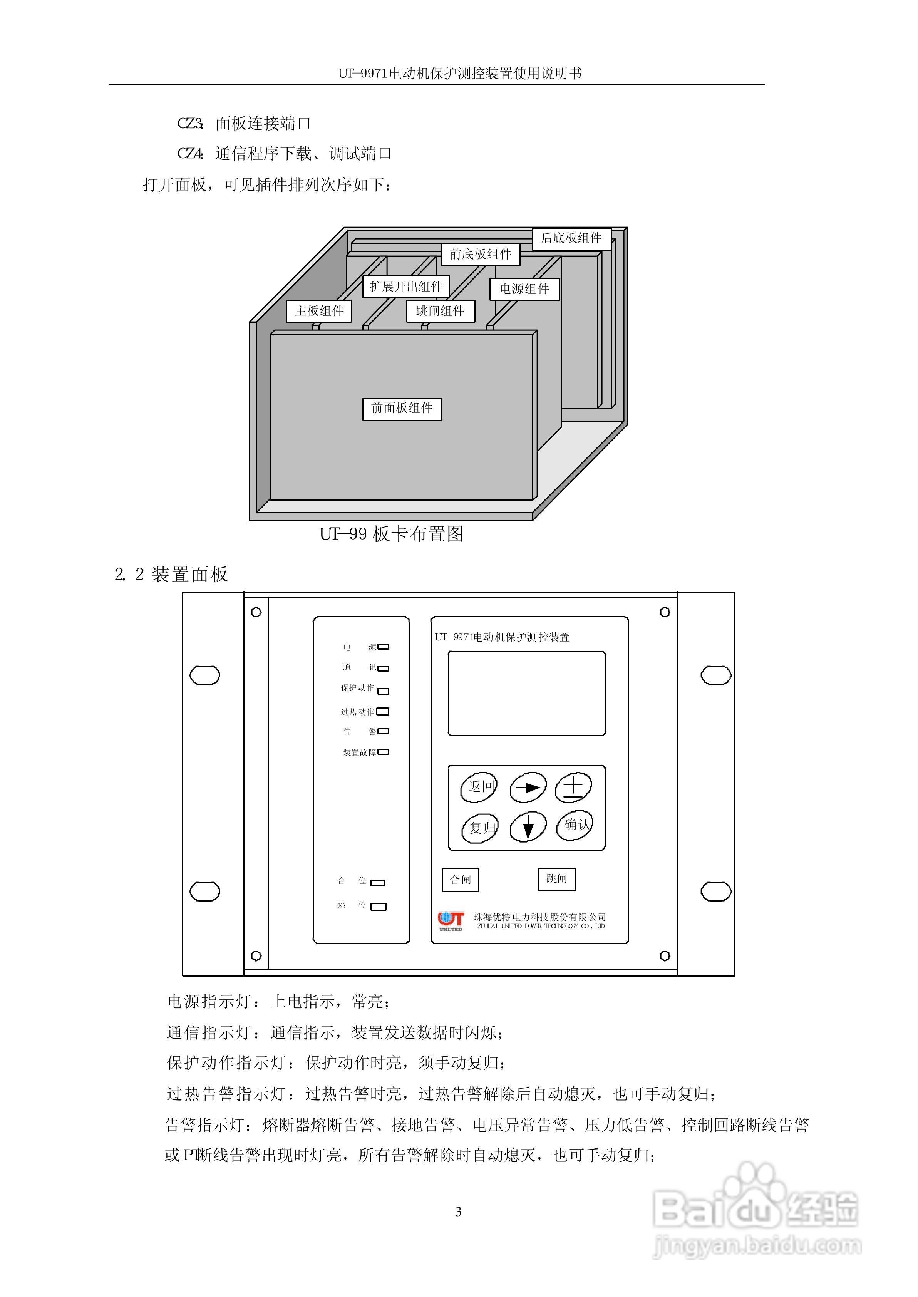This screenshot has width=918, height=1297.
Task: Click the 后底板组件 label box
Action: click(571, 238)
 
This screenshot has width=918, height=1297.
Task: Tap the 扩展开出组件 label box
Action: click(406, 287)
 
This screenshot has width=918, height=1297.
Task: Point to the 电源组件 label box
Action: click(524, 289)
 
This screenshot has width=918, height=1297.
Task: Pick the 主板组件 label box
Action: click(319, 311)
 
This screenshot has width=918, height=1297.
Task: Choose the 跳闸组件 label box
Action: click(441, 311)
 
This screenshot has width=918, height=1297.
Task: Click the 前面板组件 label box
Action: click(402, 409)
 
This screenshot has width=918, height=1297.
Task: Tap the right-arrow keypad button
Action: click(528, 787)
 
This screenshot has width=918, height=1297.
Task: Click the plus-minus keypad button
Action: click(573, 787)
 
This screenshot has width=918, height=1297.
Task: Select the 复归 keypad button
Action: click(481, 828)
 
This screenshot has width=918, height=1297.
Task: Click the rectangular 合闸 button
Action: click(460, 880)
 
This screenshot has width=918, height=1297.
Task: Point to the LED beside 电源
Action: click(383, 647)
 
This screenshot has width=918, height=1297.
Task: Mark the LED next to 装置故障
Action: click(383, 752)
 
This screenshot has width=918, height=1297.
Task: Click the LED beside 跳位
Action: click(378, 907)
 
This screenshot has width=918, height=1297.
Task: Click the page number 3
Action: click(459, 1212)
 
